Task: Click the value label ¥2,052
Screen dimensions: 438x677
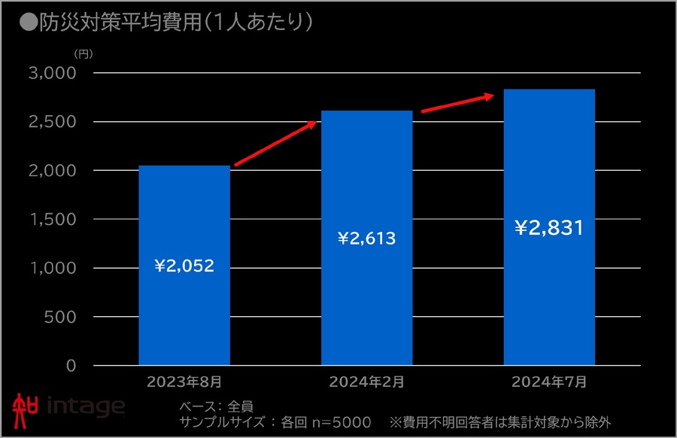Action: click(184, 266)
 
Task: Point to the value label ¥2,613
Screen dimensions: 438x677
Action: click(366, 239)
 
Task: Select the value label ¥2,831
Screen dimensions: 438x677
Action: click(549, 227)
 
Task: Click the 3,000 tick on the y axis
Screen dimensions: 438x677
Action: click(53, 73)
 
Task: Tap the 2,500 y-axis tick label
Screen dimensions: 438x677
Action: click(53, 122)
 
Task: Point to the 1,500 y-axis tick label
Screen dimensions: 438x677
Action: click(53, 219)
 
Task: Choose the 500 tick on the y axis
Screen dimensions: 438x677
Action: click(60, 317)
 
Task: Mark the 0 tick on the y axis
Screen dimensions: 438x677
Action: click(71, 366)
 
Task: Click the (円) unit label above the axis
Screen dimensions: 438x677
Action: click(83, 54)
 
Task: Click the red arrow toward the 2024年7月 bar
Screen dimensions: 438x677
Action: click(457, 103)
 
